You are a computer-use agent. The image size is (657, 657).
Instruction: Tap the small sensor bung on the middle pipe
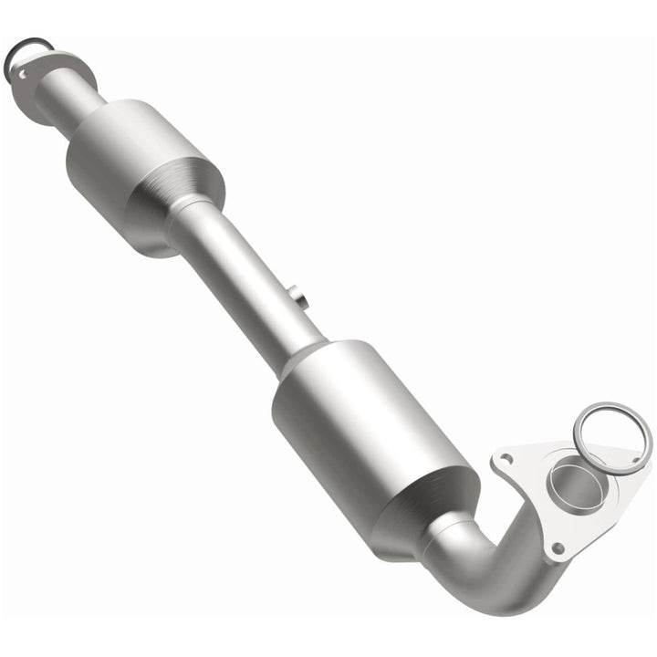(297, 297)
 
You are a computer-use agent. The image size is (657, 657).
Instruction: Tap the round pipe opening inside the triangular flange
(573, 484)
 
